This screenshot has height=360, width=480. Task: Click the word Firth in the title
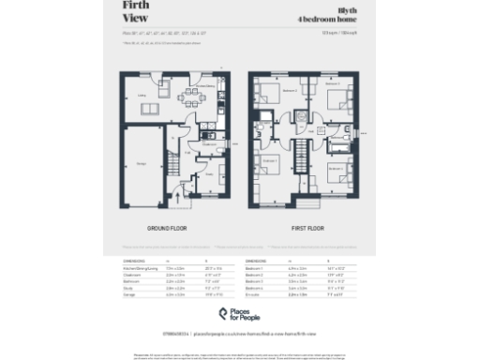click(x=137, y=7)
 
